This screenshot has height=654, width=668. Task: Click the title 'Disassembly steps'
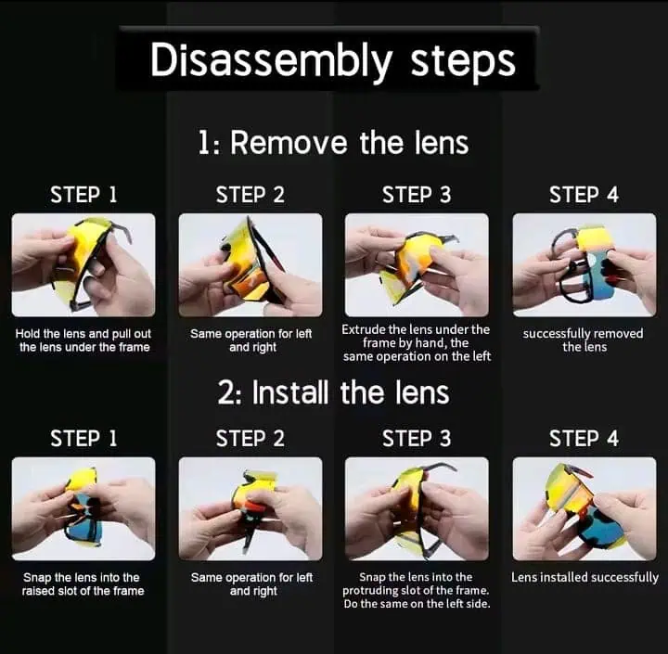[x=333, y=60]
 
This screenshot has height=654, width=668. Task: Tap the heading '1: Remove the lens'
[x=333, y=142]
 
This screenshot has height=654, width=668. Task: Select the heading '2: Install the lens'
[x=333, y=392]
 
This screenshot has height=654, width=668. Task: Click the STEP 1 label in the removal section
[x=83, y=195]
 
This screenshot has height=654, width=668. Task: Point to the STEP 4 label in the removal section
[x=584, y=195]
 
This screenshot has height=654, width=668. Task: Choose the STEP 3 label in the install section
[x=417, y=439]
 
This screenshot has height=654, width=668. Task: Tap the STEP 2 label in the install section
[x=250, y=439]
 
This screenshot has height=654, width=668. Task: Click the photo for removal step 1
[x=83, y=265]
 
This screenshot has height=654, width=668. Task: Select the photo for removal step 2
[x=250, y=265]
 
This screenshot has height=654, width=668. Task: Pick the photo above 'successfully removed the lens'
[x=584, y=265]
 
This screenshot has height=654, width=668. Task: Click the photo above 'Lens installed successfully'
[x=584, y=508]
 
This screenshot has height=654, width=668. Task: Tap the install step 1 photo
[x=83, y=508]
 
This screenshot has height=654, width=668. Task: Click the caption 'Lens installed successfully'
[x=584, y=577]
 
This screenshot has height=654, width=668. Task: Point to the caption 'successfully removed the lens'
[x=584, y=340]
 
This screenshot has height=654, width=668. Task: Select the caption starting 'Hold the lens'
[x=83, y=340]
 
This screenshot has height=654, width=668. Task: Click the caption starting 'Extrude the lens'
[x=417, y=342]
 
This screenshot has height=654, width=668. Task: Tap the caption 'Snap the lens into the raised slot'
[x=83, y=583]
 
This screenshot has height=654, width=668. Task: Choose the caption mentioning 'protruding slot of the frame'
[x=417, y=590]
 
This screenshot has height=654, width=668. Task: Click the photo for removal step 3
[x=417, y=265]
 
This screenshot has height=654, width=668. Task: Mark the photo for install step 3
[x=417, y=508]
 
